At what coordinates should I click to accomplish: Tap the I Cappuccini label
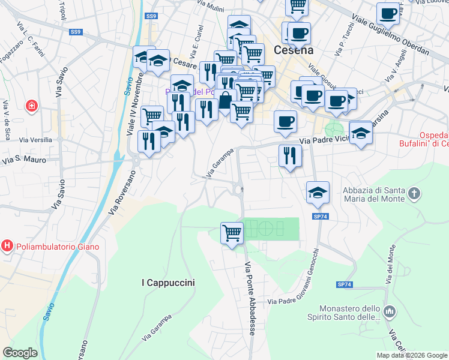point(168,282)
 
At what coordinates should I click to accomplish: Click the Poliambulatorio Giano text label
point(58,247)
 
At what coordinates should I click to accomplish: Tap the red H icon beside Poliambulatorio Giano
point(7,246)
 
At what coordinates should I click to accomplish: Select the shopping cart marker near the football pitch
point(232,232)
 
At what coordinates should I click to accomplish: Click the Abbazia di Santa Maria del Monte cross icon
point(414,193)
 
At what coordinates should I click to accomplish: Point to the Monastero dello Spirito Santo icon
point(390,311)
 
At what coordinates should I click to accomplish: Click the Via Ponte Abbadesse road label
point(252,297)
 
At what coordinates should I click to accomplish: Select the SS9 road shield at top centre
point(151,16)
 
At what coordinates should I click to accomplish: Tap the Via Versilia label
point(35,140)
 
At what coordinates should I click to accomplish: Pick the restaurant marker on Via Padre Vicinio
point(290,155)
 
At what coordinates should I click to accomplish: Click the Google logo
point(20,352)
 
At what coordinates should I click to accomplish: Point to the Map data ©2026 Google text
point(411,355)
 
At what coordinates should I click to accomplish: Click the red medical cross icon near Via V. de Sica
point(31,106)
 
